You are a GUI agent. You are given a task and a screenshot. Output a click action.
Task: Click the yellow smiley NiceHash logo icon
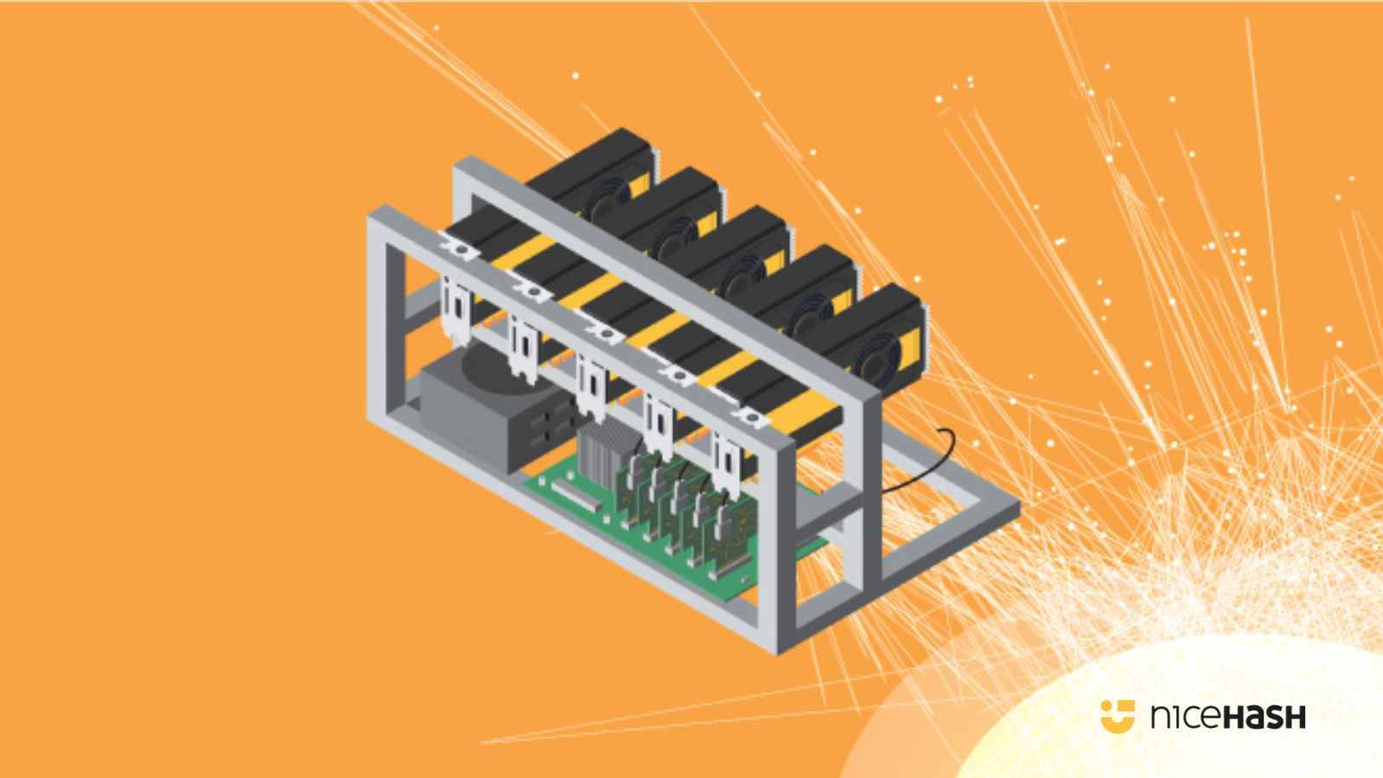pyautogui.click(x=1117, y=716)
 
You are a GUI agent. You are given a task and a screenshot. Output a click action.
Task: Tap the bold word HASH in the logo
pyautogui.click(x=1265, y=717)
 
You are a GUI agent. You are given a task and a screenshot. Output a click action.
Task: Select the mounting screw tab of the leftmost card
pyautogui.click(x=461, y=250)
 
